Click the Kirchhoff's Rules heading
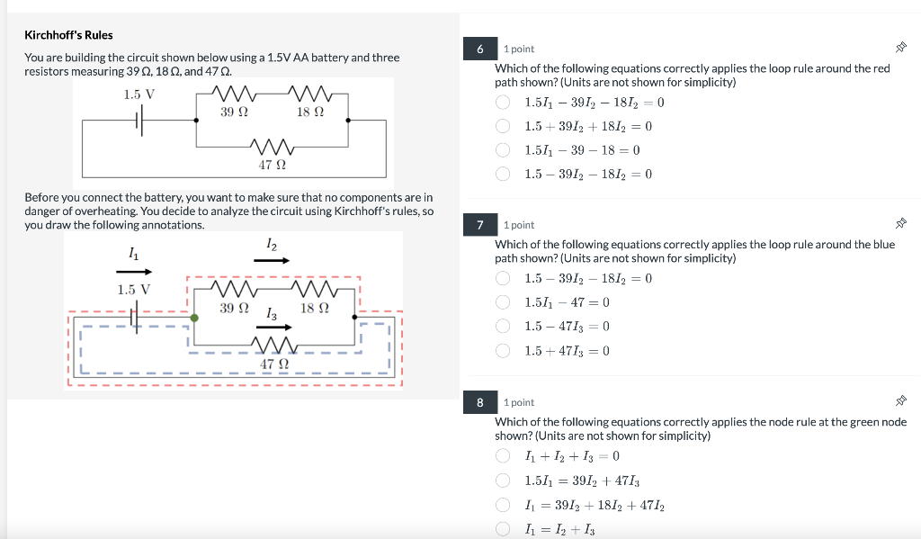click(x=68, y=35)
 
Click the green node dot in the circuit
click(x=194, y=317)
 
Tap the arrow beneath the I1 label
click(x=135, y=271)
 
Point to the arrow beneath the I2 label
click(x=272, y=260)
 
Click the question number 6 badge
click(x=480, y=49)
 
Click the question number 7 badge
click(x=480, y=224)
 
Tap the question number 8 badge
click(x=480, y=402)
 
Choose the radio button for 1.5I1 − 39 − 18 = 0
click(x=504, y=150)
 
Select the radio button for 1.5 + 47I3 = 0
click(x=504, y=350)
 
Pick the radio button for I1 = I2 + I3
click(x=504, y=529)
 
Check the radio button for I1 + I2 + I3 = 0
click(x=504, y=455)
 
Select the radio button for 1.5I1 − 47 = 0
click(x=504, y=302)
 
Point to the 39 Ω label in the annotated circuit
click(x=234, y=308)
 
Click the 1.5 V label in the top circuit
click(x=139, y=94)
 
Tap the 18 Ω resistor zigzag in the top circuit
click(x=310, y=93)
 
